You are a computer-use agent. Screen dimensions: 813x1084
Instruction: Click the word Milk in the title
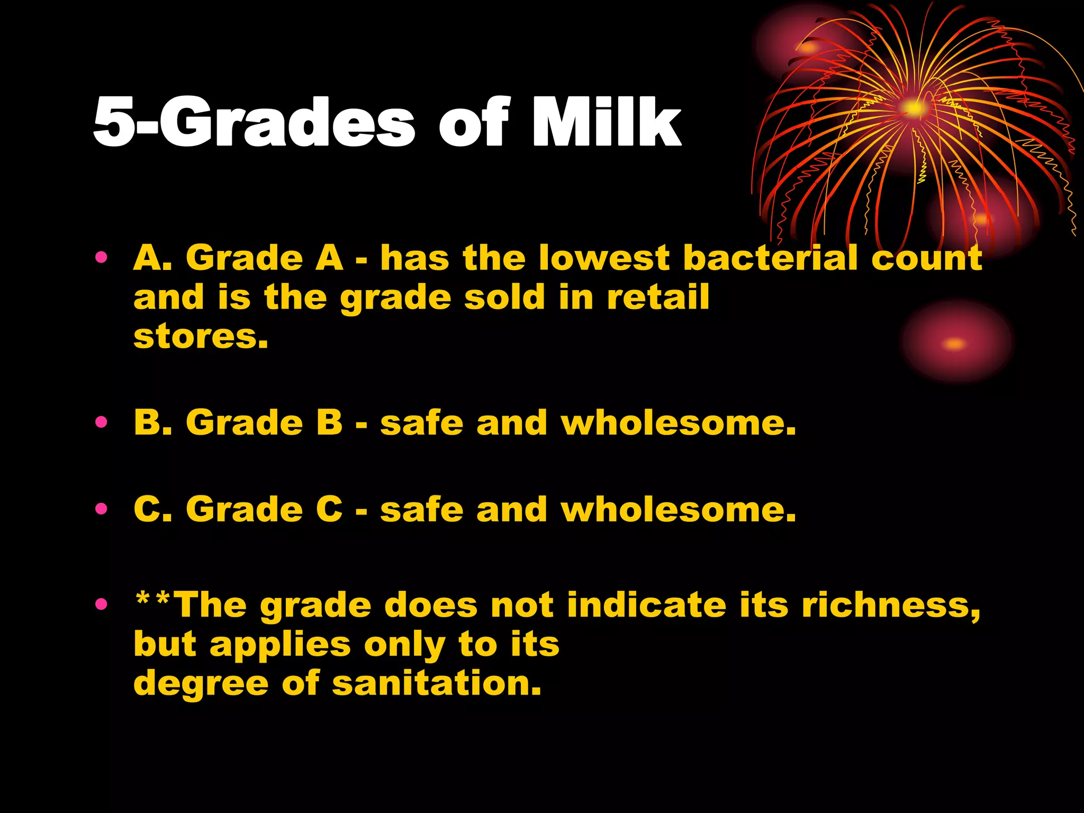click(606, 123)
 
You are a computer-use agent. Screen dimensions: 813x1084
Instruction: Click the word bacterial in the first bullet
click(770, 258)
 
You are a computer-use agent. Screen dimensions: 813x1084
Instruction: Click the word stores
click(201, 337)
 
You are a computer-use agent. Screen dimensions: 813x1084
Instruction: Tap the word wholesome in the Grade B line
click(678, 423)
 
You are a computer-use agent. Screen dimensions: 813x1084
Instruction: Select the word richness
click(891, 605)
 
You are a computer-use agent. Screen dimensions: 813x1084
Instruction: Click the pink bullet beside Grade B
click(101, 422)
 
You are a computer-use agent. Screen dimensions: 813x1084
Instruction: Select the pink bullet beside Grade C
click(101, 509)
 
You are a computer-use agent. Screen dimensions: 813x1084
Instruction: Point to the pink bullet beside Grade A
click(101, 258)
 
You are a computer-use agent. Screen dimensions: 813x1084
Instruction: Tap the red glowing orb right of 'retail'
click(956, 343)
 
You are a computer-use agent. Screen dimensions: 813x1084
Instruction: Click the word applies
click(280, 645)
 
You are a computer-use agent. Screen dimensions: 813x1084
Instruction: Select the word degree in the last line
click(201, 683)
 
